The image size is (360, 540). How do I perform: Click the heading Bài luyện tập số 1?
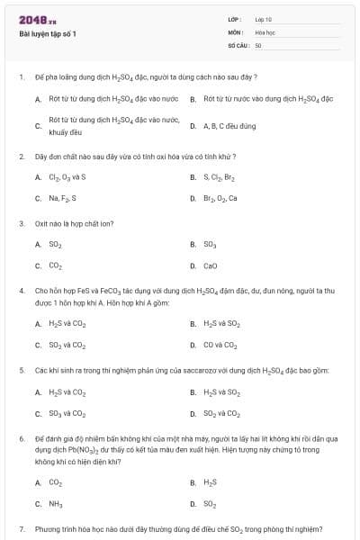click(x=48, y=33)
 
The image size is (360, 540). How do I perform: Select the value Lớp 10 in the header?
click(x=264, y=19)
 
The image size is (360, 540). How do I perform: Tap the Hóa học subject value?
click(x=265, y=31)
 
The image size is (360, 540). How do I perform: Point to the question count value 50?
click(x=258, y=44)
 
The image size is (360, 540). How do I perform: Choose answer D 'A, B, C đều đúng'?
click(x=229, y=126)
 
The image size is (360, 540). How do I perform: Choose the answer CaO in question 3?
click(x=211, y=265)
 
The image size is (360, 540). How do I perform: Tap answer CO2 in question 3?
click(x=56, y=265)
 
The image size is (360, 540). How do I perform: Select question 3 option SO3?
click(x=211, y=244)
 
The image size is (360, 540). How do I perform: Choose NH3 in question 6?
click(x=56, y=504)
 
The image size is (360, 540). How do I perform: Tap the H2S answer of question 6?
click(x=211, y=482)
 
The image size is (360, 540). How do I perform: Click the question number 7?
click(x=22, y=528)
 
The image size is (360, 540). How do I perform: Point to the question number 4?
click(x=22, y=292)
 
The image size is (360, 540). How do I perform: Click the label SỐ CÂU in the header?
click(x=238, y=44)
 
